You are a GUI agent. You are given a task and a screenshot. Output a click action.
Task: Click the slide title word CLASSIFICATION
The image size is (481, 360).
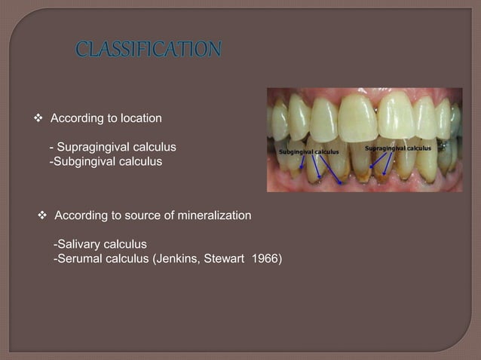pos(149,50)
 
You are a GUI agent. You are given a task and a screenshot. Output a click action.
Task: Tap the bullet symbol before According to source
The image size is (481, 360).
pos(43,216)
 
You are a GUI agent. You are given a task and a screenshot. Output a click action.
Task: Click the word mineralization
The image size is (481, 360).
pos(213,216)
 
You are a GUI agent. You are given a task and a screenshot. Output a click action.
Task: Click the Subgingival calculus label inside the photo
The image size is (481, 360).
pos(309,152)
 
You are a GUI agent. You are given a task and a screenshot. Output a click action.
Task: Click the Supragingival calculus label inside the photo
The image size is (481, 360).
pos(397,148)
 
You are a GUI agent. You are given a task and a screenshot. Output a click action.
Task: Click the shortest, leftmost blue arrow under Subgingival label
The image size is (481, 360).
pos(302,161)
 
